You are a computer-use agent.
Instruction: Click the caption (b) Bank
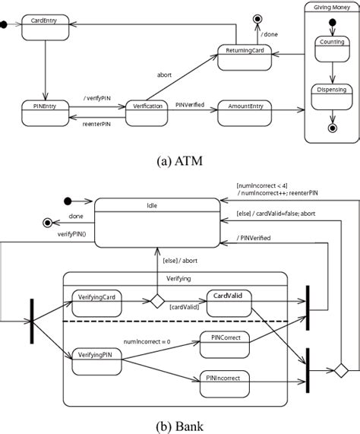[180, 426]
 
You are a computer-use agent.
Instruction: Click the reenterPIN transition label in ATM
[98, 125]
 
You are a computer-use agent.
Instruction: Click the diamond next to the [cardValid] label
[157, 301]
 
